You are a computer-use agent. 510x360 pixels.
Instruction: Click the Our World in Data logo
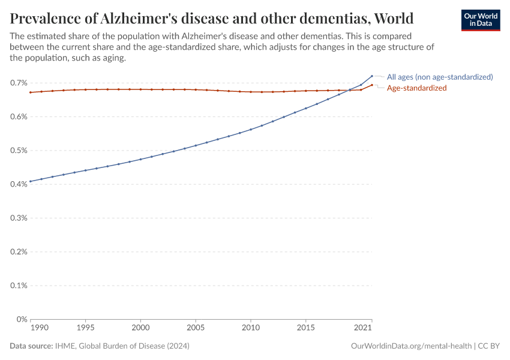(480, 20)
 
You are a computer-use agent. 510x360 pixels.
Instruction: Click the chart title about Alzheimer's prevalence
(211, 17)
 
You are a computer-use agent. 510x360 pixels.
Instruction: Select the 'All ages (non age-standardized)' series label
(439, 77)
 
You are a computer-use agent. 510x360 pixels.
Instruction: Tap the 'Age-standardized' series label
(416, 88)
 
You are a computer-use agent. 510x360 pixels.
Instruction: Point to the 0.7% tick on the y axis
(19, 83)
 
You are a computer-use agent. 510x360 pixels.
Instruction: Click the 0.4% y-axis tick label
(19, 184)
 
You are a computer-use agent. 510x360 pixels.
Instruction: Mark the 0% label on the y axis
(22, 319)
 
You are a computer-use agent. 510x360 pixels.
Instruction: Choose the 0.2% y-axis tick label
(19, 252)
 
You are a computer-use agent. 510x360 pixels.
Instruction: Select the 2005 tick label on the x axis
(196, 329)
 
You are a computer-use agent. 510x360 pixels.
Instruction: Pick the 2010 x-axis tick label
(251, 329)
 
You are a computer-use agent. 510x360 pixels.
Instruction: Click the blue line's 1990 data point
(31, 181)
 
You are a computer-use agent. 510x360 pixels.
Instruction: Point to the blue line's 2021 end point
(372, 76)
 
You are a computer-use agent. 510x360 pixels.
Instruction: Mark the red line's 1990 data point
(31, 92)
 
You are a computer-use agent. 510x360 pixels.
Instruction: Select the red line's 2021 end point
(372, 85)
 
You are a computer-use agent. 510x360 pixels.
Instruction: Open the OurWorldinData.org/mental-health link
(410, 346)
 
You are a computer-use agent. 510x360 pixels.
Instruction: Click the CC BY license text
(488, 346)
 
